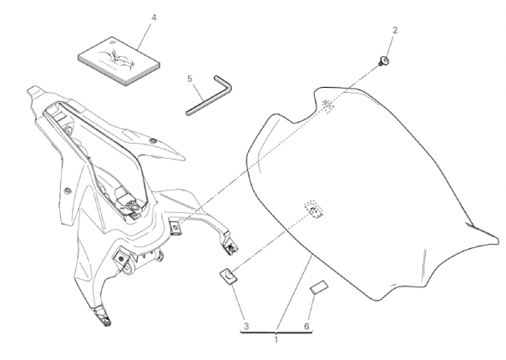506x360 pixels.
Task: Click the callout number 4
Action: coord(154,18)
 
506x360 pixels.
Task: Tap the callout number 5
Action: coord(190,79)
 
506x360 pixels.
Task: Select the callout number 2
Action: coord(395,30)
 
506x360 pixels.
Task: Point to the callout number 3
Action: coord(246,327)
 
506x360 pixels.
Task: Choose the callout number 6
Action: coord(306,327)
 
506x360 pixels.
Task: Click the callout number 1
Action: coord(276,340)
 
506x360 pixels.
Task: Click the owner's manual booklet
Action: coord(119,61)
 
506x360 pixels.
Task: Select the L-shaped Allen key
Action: coord(209,95)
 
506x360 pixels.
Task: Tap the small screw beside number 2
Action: coord(384,61)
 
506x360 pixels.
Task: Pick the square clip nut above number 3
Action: coord(228,276)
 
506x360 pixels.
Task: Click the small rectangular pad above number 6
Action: coord(318,287)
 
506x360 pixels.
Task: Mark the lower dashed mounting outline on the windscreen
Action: coord(314,209)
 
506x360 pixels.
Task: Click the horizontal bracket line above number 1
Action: coord(276,332)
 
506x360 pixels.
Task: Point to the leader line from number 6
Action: coord(310,307)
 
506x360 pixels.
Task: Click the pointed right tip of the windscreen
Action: coord(498,239)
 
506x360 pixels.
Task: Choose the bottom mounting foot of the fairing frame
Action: coord(104,317)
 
